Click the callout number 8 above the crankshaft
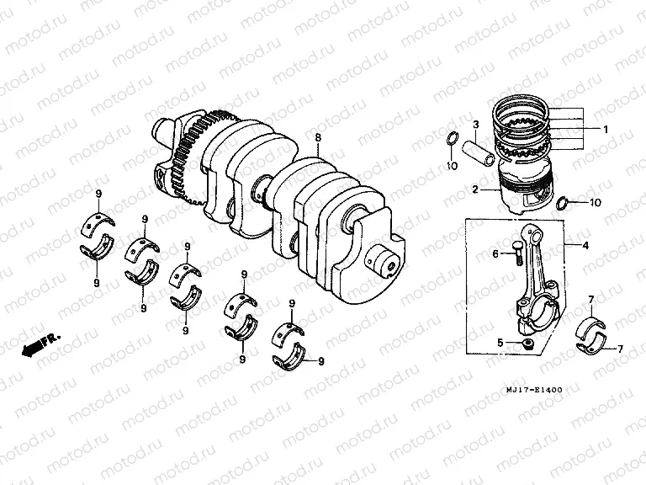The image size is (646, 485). coord(317,137)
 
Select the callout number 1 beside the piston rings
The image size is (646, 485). coord(605,129)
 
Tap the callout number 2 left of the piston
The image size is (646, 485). coord(475,189)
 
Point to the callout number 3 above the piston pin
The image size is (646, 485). coord(475,125)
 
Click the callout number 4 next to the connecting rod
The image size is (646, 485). coord(585,245)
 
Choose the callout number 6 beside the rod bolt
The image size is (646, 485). coord(495,253)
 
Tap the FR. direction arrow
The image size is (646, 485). coord(38,344)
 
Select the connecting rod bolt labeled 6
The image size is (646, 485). coord(511,254)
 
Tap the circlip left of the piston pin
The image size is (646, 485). coord(451,141)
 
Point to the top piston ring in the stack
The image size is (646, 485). coord(526,108)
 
